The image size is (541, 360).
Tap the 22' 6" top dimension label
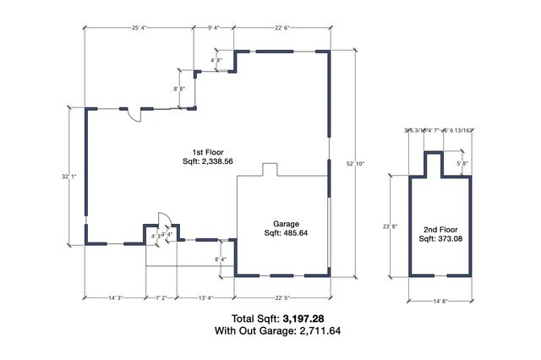tap(281, 27)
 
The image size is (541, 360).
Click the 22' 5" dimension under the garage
tap(281, 297)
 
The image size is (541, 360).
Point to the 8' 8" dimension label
tap(180, 89)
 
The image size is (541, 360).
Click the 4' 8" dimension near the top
tap(216, 60)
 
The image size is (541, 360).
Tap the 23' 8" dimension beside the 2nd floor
tap(390, 226)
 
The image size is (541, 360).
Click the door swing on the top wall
tap(134, 118)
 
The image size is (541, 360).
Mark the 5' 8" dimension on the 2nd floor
tap(463, 163)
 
